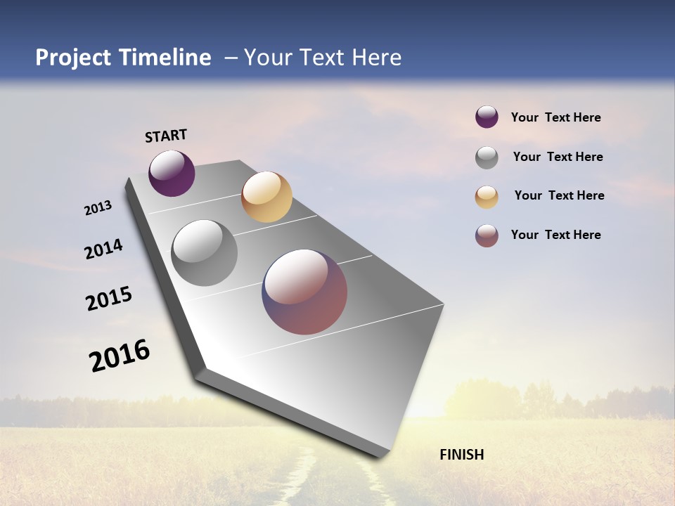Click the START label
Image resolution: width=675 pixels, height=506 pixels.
166,136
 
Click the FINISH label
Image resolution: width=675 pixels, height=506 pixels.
461,455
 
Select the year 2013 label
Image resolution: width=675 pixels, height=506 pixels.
98,208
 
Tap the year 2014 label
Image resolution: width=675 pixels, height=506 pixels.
104,249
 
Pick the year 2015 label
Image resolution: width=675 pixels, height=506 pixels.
109,298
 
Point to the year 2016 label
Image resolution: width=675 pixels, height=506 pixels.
120,355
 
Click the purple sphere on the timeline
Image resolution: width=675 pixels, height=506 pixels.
172,173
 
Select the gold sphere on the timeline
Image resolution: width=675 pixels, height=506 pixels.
266,197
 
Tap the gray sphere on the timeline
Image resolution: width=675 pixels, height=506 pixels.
205,253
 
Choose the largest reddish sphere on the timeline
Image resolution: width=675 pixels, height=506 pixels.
304,292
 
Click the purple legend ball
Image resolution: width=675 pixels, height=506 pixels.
487,117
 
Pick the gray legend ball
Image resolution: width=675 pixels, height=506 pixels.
487,157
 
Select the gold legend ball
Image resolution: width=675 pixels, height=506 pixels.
487,197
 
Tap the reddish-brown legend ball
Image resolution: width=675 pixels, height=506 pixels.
487,235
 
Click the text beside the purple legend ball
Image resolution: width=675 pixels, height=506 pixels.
555,118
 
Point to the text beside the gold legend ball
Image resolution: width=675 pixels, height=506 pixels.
559,195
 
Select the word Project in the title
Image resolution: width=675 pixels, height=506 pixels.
73,58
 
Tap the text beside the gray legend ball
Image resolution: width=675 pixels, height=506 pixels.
558,157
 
